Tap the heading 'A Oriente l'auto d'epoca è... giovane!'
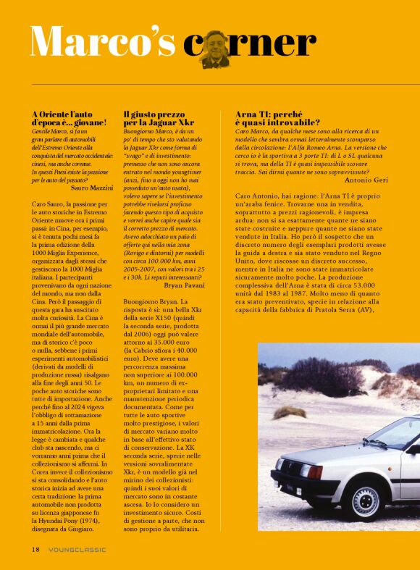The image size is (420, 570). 70,119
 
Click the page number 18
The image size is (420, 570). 35,549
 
